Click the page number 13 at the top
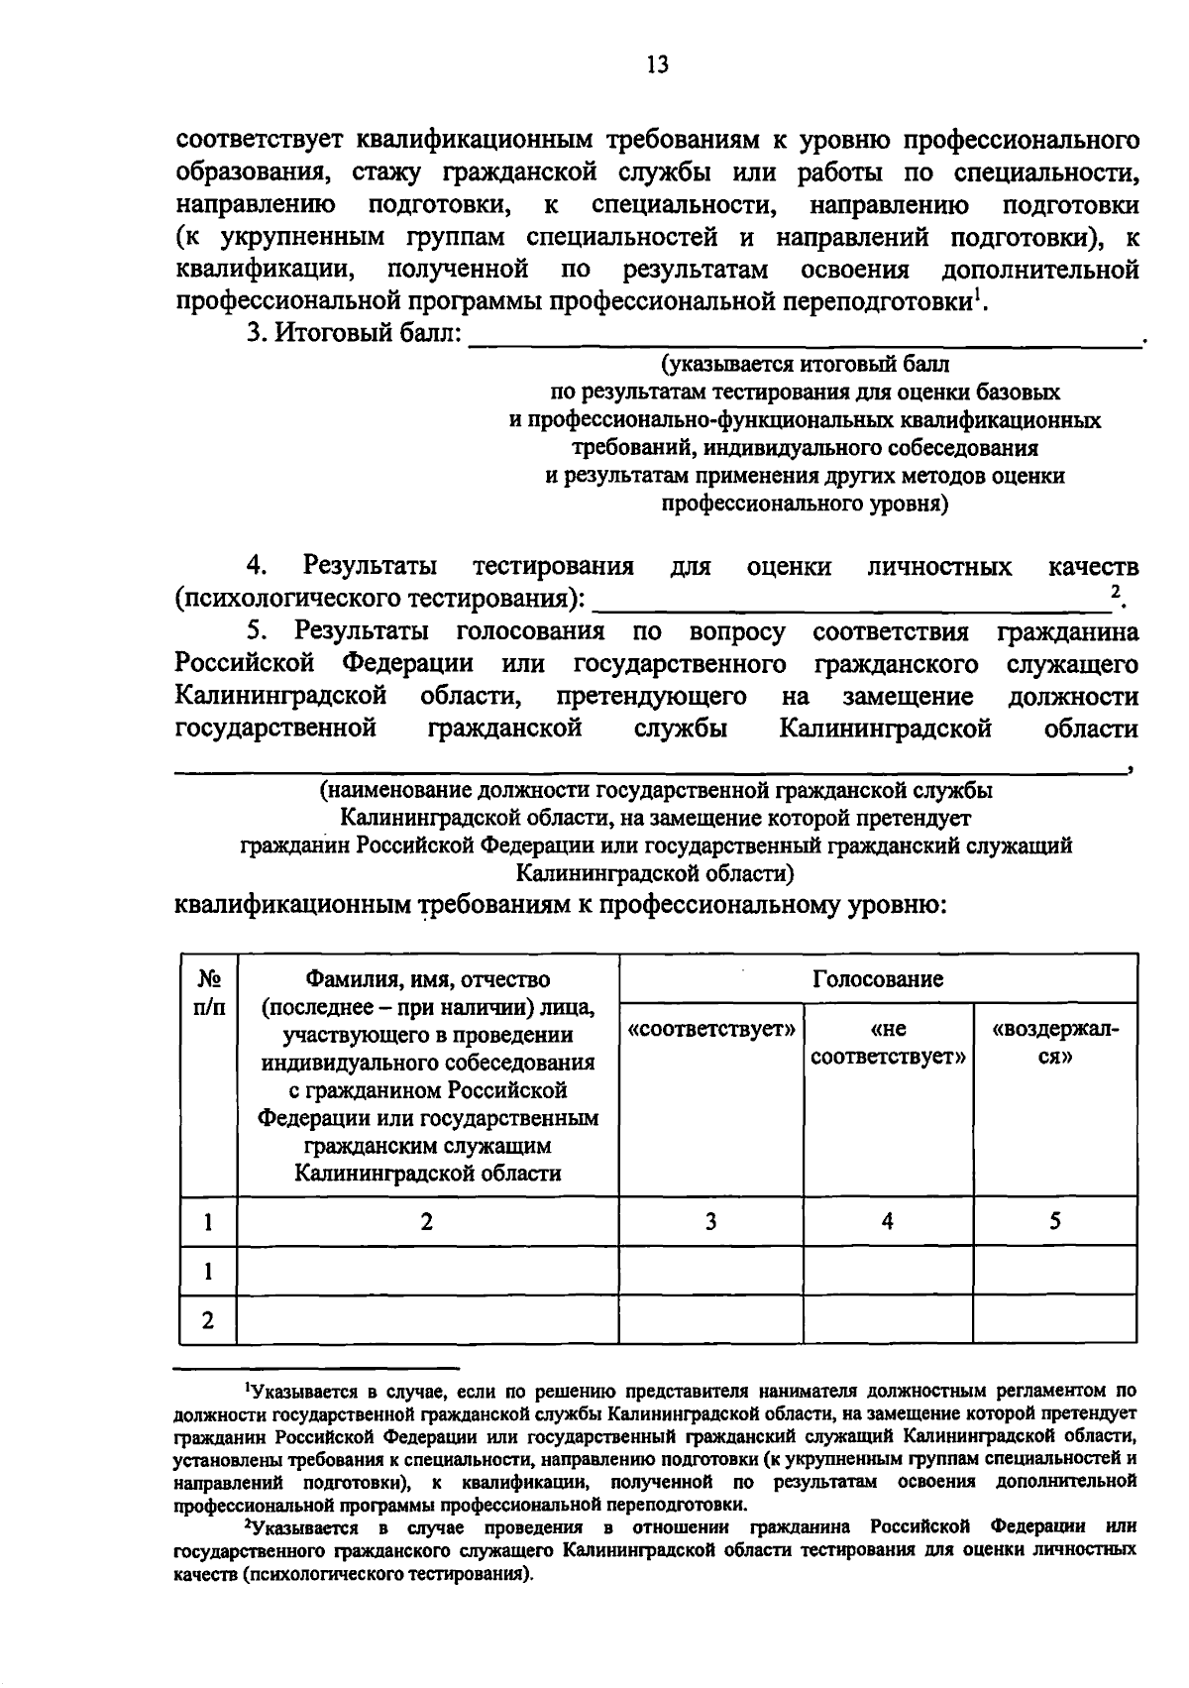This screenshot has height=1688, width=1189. click(657, 65)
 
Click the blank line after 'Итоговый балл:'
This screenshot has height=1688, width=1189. click(803, 343)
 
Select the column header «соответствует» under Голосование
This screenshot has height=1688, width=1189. click(711, 1029)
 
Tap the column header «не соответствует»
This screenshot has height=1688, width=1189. click(888, 1043)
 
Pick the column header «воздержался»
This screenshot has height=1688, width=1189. click(1055, 1043)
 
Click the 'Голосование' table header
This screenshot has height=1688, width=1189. click(878, 979)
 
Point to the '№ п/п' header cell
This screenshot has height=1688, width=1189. click(208, 993)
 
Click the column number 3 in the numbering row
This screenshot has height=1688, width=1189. click(710, 1221)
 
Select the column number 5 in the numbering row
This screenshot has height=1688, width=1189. click(1055, 1221)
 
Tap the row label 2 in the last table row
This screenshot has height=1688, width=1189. click(208, 1320)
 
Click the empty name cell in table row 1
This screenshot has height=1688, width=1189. click(427, 1271)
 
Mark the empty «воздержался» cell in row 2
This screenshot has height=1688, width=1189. click(1055, 1320)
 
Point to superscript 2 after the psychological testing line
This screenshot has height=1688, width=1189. click(1116, 592)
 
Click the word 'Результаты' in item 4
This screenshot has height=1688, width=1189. click(371, 567)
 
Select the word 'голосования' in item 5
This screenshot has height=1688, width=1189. click(530, 631)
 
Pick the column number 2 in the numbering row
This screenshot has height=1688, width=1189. click(427, 1221)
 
